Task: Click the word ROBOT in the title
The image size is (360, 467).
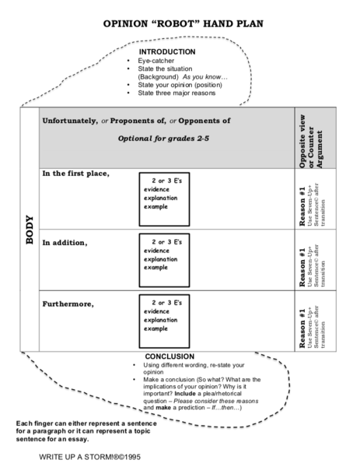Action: click(166, 24)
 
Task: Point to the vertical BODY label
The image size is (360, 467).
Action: click(30, 230)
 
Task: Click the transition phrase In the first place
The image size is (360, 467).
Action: click(75, 173)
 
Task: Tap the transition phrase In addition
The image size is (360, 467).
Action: click(65, 242)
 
